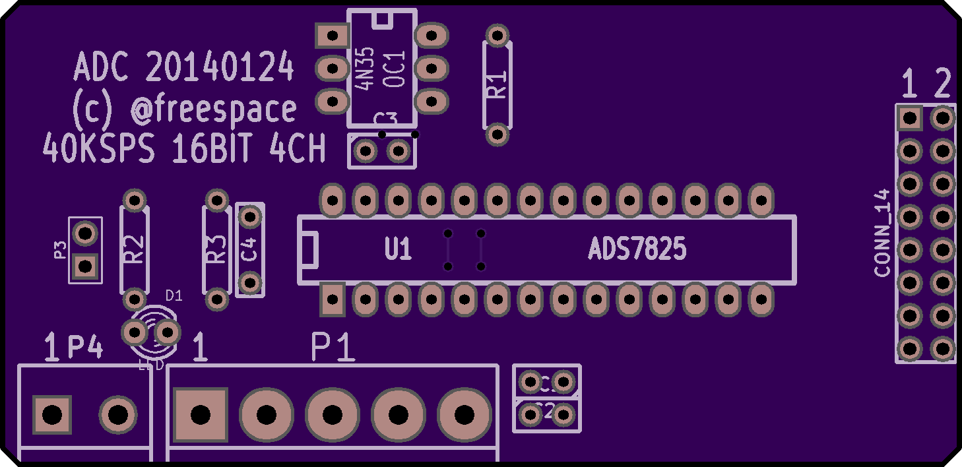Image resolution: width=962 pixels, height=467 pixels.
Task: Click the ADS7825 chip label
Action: (x=637, y=250)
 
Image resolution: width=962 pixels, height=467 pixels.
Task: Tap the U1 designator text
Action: (x=398, y=250)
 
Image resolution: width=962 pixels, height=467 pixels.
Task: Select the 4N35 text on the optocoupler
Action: (x=365, y=69)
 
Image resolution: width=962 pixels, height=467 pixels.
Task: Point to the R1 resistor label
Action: (x=497, y=85)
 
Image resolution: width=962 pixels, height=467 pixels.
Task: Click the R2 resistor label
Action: (x=134, y=250)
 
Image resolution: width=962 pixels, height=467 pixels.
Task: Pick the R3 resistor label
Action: (x=216, y=250)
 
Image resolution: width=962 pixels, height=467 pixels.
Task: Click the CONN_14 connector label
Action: (x=882, y=233)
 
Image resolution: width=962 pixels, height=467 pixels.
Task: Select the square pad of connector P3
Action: (x=85, y=266)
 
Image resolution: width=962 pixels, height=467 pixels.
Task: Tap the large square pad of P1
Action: (x=201, y=415)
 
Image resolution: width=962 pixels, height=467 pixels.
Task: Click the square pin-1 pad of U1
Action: (x=333, y=300)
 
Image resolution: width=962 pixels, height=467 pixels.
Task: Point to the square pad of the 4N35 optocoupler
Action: (x=332, y=36)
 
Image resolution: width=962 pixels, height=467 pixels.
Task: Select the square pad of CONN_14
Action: (x=909, y=118)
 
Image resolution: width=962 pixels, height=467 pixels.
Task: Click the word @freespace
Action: (x=213, y=109)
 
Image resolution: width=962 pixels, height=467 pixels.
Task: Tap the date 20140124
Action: (x=220, y=67)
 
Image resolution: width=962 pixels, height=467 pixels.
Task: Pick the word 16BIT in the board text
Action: (x=212, y=150)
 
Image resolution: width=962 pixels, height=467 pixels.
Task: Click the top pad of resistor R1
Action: (x=497, y=35)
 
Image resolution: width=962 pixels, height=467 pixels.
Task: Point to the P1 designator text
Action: (x=333, y=348)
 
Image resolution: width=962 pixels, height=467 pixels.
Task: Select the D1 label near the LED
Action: (x=174, y=296)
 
